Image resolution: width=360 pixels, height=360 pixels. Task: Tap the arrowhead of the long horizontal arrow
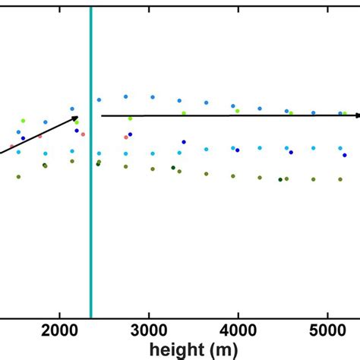[x=356, y=115]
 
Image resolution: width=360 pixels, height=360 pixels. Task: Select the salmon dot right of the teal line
[x=125, y=137]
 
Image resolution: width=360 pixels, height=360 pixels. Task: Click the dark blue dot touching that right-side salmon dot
[x=129, y=134]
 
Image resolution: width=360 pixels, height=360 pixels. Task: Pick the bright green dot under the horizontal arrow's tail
[x=130, y=118]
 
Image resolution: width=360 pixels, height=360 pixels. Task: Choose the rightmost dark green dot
[x=280, y=179]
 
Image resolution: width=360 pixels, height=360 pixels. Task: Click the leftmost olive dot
[x=18, y=177]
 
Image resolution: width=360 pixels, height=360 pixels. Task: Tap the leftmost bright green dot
[x=23, y=121]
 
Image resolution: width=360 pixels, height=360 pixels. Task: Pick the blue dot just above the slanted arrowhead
[x=72, y=109]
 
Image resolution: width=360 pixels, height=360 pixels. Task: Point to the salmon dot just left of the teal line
[x=84, y=135]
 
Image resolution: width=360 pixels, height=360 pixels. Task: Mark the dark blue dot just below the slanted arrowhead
[x=77, y=131]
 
